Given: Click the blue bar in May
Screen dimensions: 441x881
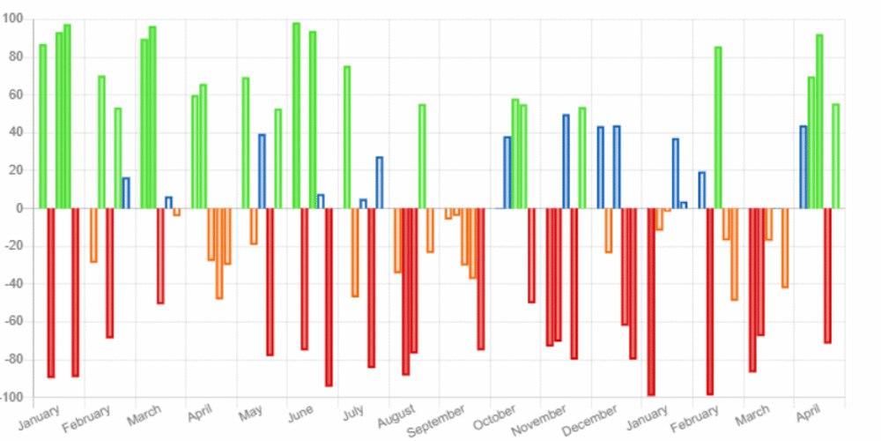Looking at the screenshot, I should pyautogui.click(x=262, y=171).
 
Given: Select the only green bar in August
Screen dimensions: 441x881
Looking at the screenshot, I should pyautogui.click(x=422, y=156).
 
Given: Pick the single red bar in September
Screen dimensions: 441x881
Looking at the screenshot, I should pyautogui.click(x=481, y=279).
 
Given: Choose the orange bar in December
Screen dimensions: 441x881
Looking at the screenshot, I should pyautogui.click(x=608, y=230).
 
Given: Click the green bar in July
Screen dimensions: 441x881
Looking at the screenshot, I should pyautogui.click(x=347, y=137).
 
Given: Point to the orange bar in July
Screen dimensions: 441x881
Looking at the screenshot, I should pyautogui.click(x=355, y=252).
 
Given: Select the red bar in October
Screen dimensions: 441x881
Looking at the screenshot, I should pyautogui.click(x=531, y=255).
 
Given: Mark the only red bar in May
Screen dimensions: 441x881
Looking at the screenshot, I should pyautogui.click(x=270, y=281).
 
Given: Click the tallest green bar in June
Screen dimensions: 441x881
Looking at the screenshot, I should pyautogui.click(x=296, y=116).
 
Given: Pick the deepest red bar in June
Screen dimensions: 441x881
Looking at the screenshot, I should pyautogui.click(x=329, y=296).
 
